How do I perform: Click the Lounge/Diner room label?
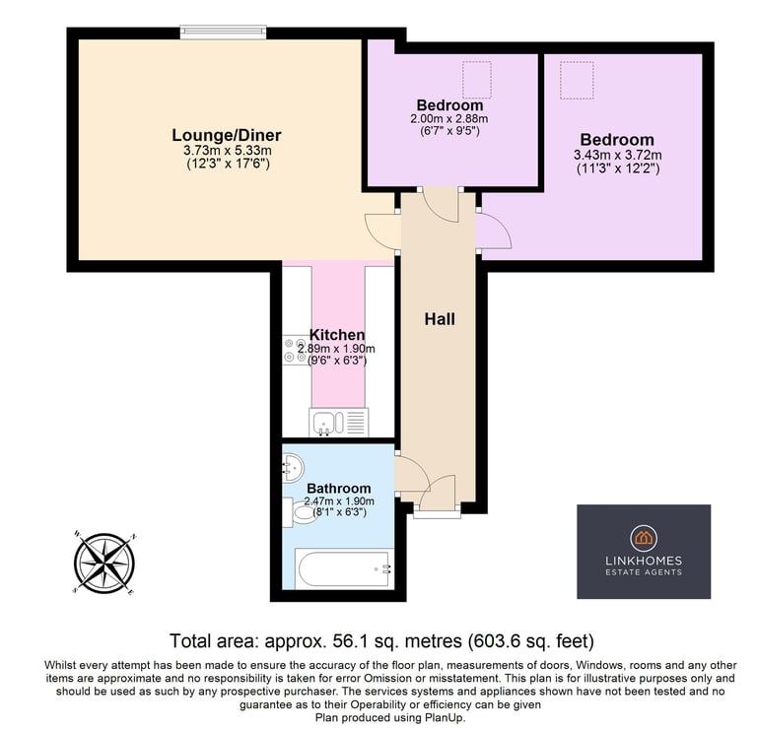227,135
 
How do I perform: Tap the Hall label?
440,319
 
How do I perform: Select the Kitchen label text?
337,334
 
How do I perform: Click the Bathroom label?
339,489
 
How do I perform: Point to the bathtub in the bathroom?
344,568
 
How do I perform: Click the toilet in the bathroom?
300,512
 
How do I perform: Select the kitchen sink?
338,423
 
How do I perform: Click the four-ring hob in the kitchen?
295,351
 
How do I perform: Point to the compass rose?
104,564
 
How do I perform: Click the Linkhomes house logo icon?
644,538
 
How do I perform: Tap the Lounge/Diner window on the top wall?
223,32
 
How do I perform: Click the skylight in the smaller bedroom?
477,80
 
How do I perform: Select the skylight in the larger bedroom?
577,80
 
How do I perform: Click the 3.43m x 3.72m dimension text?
617,156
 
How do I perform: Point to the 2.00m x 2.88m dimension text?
449,118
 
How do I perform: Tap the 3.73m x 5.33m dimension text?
228,150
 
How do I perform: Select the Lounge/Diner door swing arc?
382,231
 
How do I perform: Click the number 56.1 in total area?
346,641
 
